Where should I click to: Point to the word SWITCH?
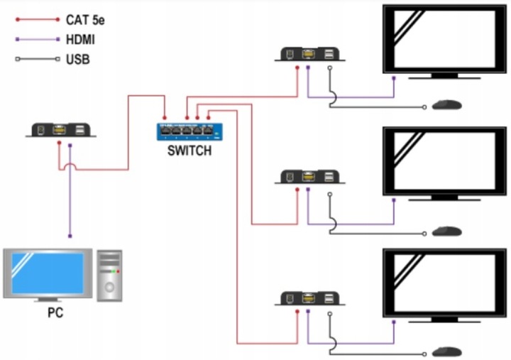point(189,151)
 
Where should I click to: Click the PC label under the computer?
point(55,313)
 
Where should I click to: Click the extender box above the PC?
point(61,130)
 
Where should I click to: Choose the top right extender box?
point(312,54)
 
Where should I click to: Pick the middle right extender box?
point(312,176)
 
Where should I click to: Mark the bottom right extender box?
point(312,298)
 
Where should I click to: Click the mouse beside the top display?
point(447,105)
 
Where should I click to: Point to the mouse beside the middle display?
point(447,230)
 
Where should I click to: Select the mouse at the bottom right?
point(447,351)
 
